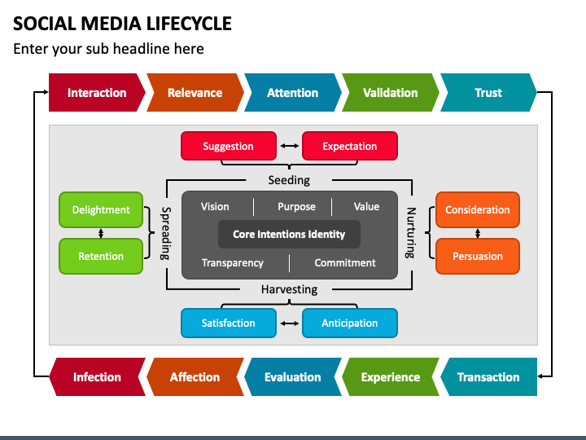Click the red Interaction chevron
click(x=97, y=92)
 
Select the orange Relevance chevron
click(x=195, y=92)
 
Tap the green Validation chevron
click(x=391, y=92)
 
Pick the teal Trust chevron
click(x=488, y=92)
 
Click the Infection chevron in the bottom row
click(x=97, y=376)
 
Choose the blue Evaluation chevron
click(x=293, y=376)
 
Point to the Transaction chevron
click(x=488, y=376)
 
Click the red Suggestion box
click(x=229, y=146)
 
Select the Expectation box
click(x=349, y=146)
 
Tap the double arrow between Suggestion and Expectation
click(x=289, y=146)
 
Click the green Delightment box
click(x=101, y=210)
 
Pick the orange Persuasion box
click(x=478, y=257)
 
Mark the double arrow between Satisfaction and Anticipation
click(x=289, y=323)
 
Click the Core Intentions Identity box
click(x=289, y=234)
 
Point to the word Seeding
click(x=289, y=180)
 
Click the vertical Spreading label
click(x=165, y=234)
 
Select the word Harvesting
click(x=289, y=289)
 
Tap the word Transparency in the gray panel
click(x=233, y=263)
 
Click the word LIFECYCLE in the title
click(x=189, y=24)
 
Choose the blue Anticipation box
click(x=349, y=323)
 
